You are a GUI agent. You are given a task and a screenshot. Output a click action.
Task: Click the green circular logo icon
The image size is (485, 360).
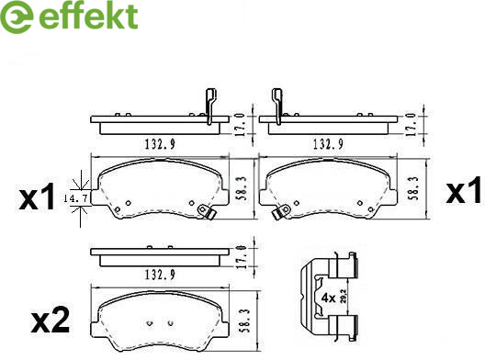(17, 17)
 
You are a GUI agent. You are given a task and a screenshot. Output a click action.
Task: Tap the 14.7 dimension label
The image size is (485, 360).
(75, 198)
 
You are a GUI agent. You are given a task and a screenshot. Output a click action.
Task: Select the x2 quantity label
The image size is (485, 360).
(51, 320)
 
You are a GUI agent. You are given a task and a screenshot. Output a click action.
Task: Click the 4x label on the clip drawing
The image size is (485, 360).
(329, 298)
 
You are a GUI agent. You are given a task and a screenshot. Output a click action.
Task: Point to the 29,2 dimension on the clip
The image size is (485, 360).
(343, 296)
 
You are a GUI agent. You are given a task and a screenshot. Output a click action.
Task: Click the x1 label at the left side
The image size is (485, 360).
(37, 197)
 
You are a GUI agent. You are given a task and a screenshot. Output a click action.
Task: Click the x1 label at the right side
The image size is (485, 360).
(463, 190)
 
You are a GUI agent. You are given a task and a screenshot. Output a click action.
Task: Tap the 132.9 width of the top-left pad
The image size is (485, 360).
(160, 144)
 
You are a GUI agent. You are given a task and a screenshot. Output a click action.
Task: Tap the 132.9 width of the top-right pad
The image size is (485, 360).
(328, 144)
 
